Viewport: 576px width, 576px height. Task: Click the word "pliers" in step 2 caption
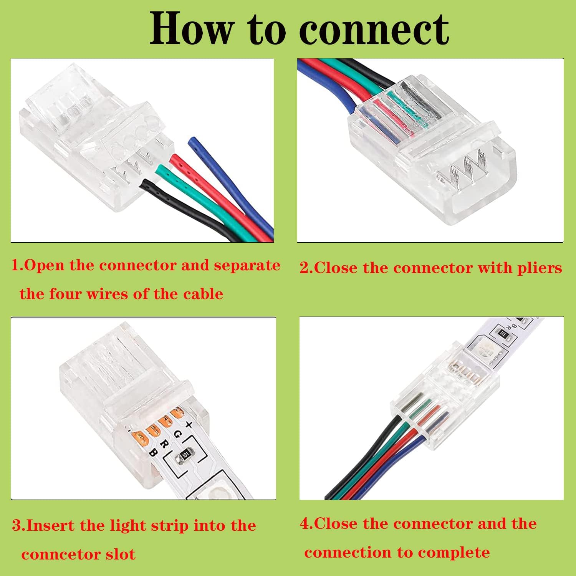[x=539, y=268]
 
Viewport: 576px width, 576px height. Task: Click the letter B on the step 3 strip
[x=153, y=453]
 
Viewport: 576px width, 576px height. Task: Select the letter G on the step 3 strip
[x=177, y=434]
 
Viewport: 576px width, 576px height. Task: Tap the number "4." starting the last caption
[x=306, y=524]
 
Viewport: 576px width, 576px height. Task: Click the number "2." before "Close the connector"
[x=306, y=268]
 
